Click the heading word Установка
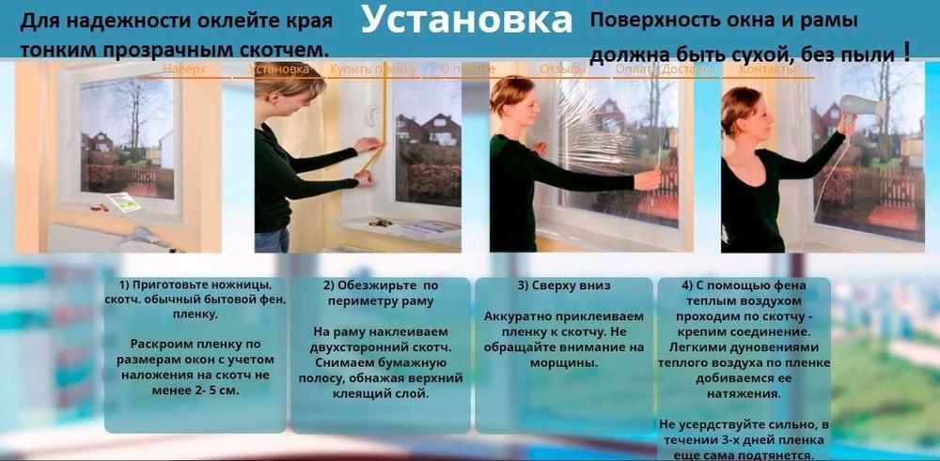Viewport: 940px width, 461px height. [x=466, y=21]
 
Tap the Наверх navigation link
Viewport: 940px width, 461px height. [x=183, y=69]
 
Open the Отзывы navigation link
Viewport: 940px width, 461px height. [x=557, y=69]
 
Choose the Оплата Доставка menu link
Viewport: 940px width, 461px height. [x=656, y=69]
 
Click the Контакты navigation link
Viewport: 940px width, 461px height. [x=767, y=69]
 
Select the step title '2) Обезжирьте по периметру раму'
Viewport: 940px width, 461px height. [x=380, y=293]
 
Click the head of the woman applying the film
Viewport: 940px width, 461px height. [x=507, y=97]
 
